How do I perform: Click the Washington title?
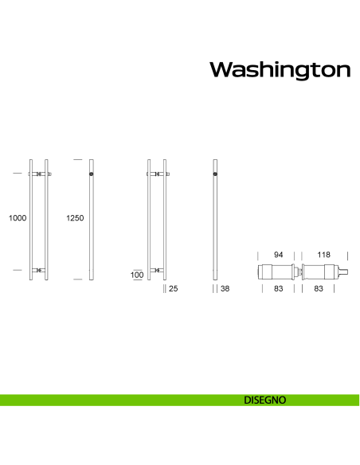click(x=280, y=70)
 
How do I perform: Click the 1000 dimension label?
click(x=18, y=217)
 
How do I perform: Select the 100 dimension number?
click(x=137, y=275)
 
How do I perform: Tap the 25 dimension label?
click(x=173, y=290)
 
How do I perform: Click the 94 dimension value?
click(x=279, y=255)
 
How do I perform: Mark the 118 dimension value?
click(x=323, y=255)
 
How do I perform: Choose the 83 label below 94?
click(x=279, y=290)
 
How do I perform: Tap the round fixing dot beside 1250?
click(x=93, y=174)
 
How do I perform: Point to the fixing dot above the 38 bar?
click(x=216, y=174)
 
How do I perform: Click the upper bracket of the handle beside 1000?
click(x=40, y=174)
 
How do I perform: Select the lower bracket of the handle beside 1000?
click(x=40, y=271)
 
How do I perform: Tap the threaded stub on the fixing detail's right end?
click(x=344, y=272)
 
